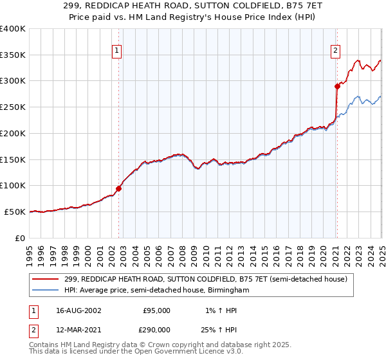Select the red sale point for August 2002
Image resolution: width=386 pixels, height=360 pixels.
tap(118, 188)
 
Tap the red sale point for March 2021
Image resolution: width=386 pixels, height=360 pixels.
tap(337, 85)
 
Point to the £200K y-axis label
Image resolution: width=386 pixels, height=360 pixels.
tap(13, 133)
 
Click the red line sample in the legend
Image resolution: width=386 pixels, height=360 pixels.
tap(46, 279)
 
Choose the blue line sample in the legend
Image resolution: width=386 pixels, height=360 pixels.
tap(46, 290)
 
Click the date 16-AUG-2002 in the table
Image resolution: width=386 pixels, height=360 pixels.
tap(78, 310)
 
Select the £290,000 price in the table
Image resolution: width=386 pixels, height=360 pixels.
tap(156, 329)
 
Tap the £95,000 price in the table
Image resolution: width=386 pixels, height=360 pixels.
tap(156, 310)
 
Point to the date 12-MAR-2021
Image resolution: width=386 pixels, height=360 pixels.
tap(78, 329)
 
